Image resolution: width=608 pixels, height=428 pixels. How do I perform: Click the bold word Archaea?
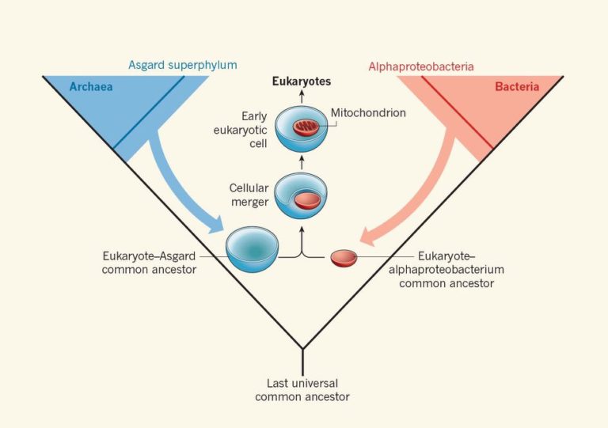click(x=90, y=87)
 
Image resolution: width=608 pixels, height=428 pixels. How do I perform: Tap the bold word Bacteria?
click(x=517, y=87)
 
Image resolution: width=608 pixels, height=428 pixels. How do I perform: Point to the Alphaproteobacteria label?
click(x=420, y=66)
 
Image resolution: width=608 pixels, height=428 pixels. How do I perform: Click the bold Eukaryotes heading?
click(x=302, y=81)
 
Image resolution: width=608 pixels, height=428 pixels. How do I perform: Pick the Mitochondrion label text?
click(x=368, y=113)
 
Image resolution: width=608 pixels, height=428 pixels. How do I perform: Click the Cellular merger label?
click(x=248, y=195)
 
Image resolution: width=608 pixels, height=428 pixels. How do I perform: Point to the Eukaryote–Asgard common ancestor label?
click(x=149, y=262)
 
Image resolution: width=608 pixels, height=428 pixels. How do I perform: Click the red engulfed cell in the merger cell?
click(x=306, y=200)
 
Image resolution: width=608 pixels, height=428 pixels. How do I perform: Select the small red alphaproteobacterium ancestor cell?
click(x=344, y=258)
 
